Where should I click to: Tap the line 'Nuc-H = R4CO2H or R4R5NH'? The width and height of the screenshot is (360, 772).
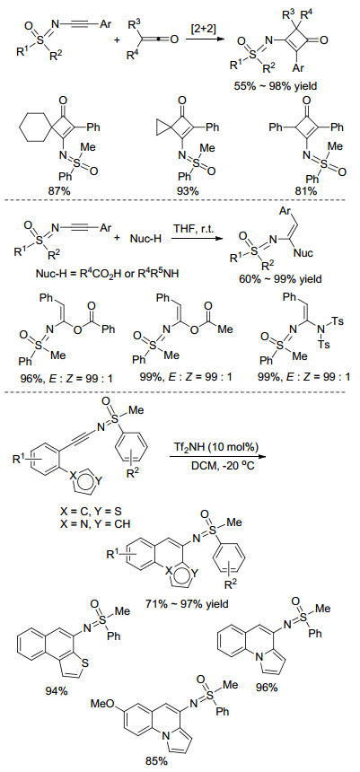pyautogui.click(x=82, y=273)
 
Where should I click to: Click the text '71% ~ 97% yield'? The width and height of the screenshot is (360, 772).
pyautogui.click(x=189, y=603)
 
